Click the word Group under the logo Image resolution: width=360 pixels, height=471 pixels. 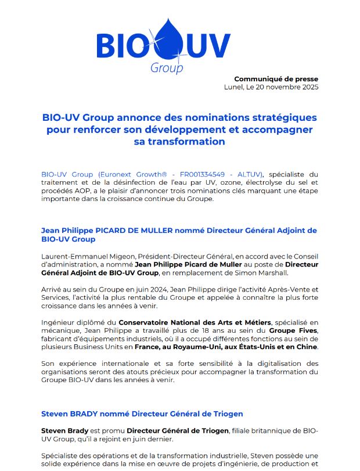(x=167, y=68)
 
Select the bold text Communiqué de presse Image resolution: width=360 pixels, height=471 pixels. (x=276, y=79)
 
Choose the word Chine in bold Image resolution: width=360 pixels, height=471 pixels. (x=307, y=347)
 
